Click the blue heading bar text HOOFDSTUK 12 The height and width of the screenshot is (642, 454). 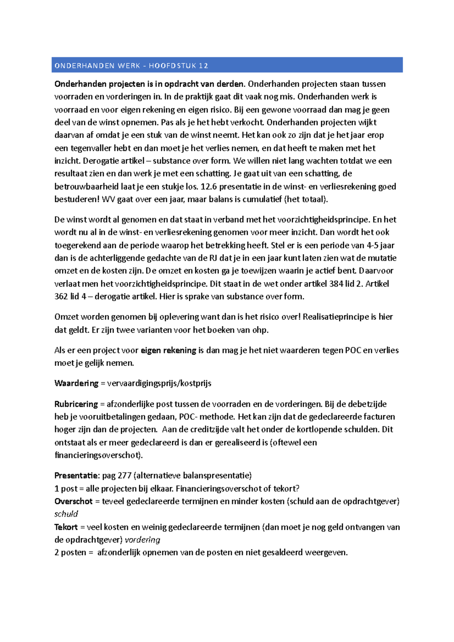coord(178,66)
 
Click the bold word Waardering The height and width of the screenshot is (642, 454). coord(76,383)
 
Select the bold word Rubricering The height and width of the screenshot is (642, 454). coord(76,404)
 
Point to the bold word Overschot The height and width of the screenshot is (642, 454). coord(73,501)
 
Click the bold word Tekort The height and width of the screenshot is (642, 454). coord(66,527)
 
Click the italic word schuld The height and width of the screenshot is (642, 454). coord(66,514)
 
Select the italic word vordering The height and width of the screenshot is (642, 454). coord(142,540)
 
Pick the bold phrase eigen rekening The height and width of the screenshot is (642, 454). coord(168,350)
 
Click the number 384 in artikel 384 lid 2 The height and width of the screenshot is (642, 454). coord(336,284)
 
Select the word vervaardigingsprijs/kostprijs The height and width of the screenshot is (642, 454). coord(159,383)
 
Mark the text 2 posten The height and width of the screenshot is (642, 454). coord(70,552)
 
